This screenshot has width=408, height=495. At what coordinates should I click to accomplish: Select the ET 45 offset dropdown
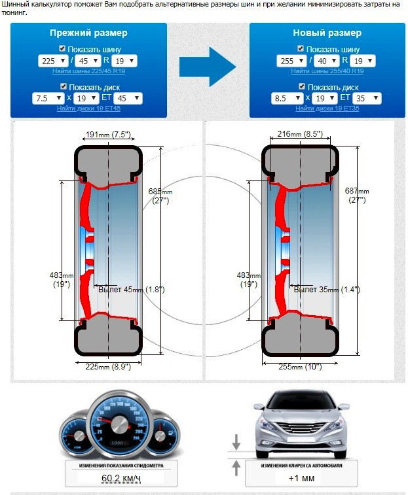132,99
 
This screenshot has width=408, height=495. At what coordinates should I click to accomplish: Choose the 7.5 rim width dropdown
46,99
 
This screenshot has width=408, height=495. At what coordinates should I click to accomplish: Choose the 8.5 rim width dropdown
284,99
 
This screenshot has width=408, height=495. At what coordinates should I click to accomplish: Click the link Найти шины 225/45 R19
88,71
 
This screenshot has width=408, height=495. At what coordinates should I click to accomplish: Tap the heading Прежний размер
88,33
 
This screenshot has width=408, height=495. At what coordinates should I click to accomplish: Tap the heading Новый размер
327,33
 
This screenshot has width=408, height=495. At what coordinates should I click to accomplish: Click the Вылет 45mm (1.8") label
131,289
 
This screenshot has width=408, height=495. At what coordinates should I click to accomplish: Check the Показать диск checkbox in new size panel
301,87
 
